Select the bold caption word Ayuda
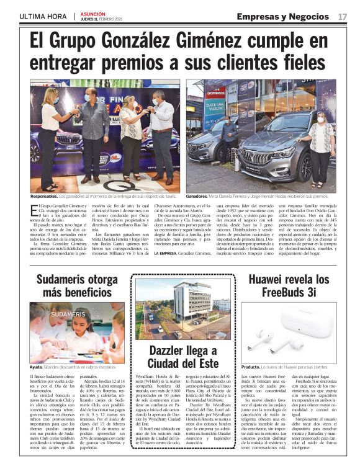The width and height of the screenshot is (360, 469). click(37, 367)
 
